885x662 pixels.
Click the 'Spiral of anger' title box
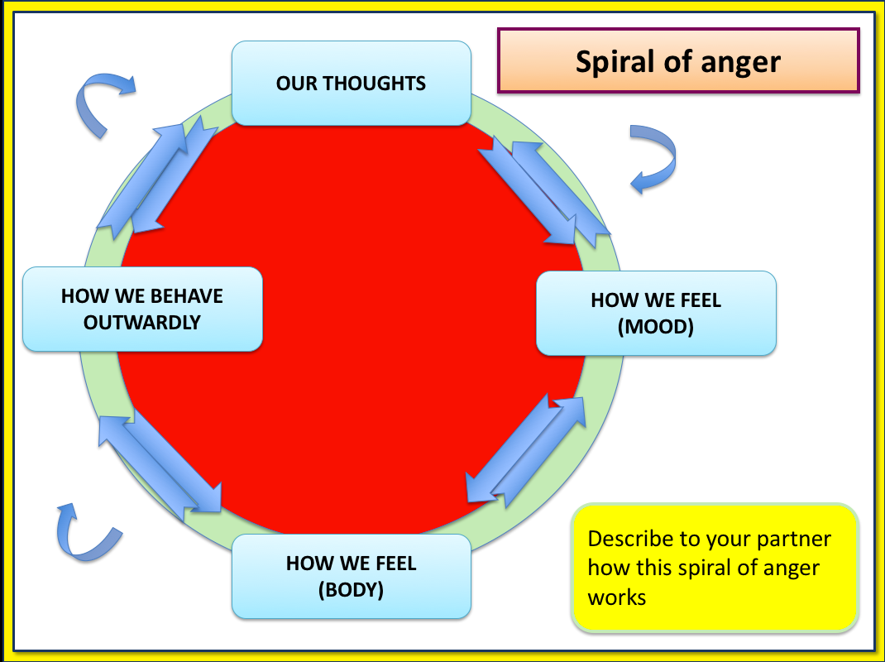[678, 61]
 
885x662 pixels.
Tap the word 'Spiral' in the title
[611, 62]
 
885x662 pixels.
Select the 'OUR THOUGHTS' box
[351, 83]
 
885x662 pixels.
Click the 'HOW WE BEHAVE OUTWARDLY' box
[142, 309]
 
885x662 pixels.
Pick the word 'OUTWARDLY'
[142, 322]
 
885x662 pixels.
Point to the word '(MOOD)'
[656, 327]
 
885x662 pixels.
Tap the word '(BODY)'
[351, 590]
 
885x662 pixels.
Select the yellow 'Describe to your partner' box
[715, 568]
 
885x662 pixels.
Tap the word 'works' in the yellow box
[617, 596]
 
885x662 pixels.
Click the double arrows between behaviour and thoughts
[158, 175]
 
